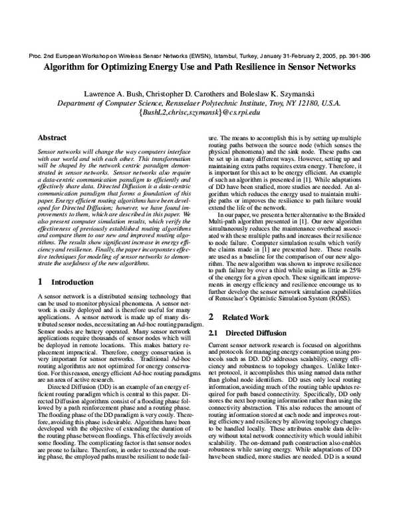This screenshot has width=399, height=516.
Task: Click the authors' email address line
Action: pyautogui.click(x=199, y=114)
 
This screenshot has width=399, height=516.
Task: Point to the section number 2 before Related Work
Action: pyautogui.click(x=211, y=317)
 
